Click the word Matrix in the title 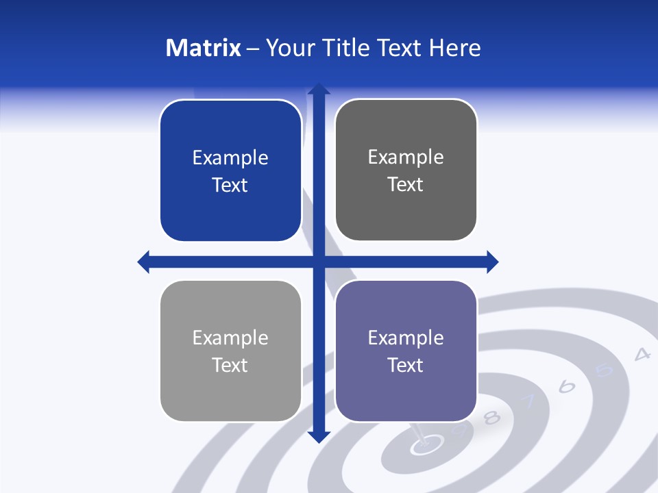204,48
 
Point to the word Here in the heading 455,48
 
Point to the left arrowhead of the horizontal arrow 144,262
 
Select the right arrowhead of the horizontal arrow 492,262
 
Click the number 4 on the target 642,354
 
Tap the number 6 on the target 566,387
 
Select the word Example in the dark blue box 230,157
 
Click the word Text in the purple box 406,365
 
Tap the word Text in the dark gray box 406,184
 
